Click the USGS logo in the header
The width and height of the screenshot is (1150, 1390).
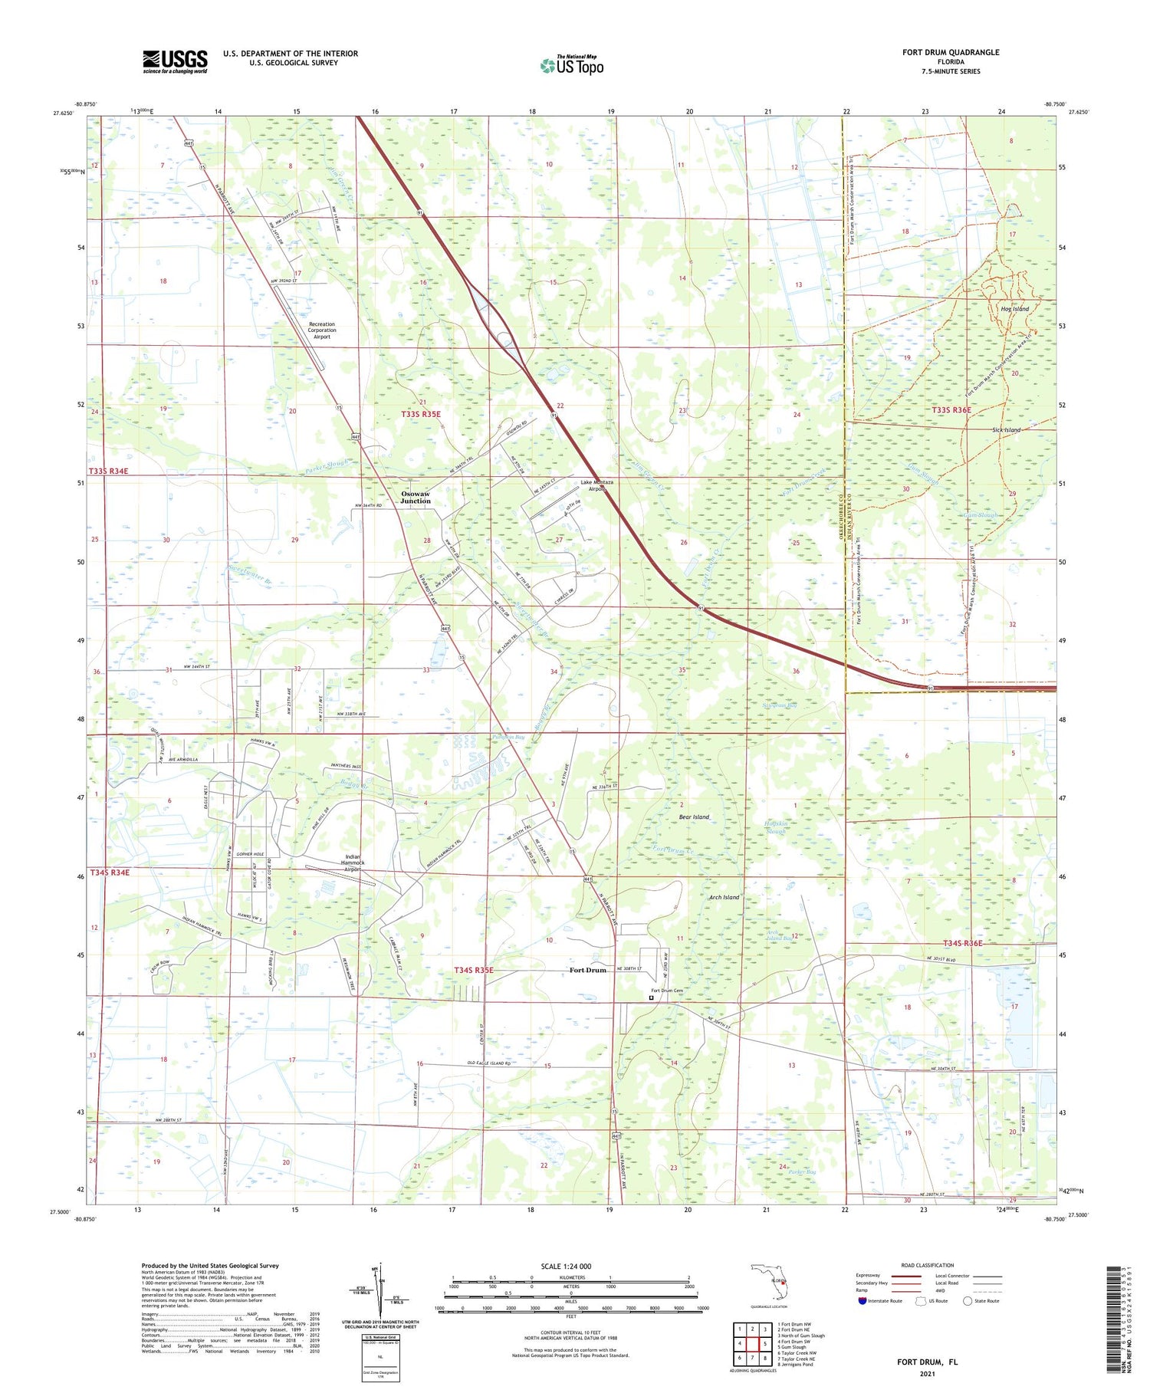[x=175, y=61]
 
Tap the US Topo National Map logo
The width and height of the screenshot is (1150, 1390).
[x=571, y=65]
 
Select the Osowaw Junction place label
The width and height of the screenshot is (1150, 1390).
[x=416, y=497]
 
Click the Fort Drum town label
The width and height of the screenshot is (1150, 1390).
[x=587, y=970]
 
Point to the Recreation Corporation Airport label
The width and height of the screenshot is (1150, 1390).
[x=322, y=330]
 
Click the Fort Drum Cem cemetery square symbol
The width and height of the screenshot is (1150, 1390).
[x=652, y=998]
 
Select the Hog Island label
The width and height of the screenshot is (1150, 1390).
[x=1014, y=309]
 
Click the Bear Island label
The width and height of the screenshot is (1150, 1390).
[x=694, y=817]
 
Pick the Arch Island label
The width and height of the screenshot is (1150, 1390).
[x=724, y=897]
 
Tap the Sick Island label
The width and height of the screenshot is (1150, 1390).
[x=1006, y=430]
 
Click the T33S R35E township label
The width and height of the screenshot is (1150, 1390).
[x=421, y=414]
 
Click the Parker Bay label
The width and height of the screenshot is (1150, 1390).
[x=801, y=1171]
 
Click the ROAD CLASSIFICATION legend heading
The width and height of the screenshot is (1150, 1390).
[x=928, y=1265]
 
